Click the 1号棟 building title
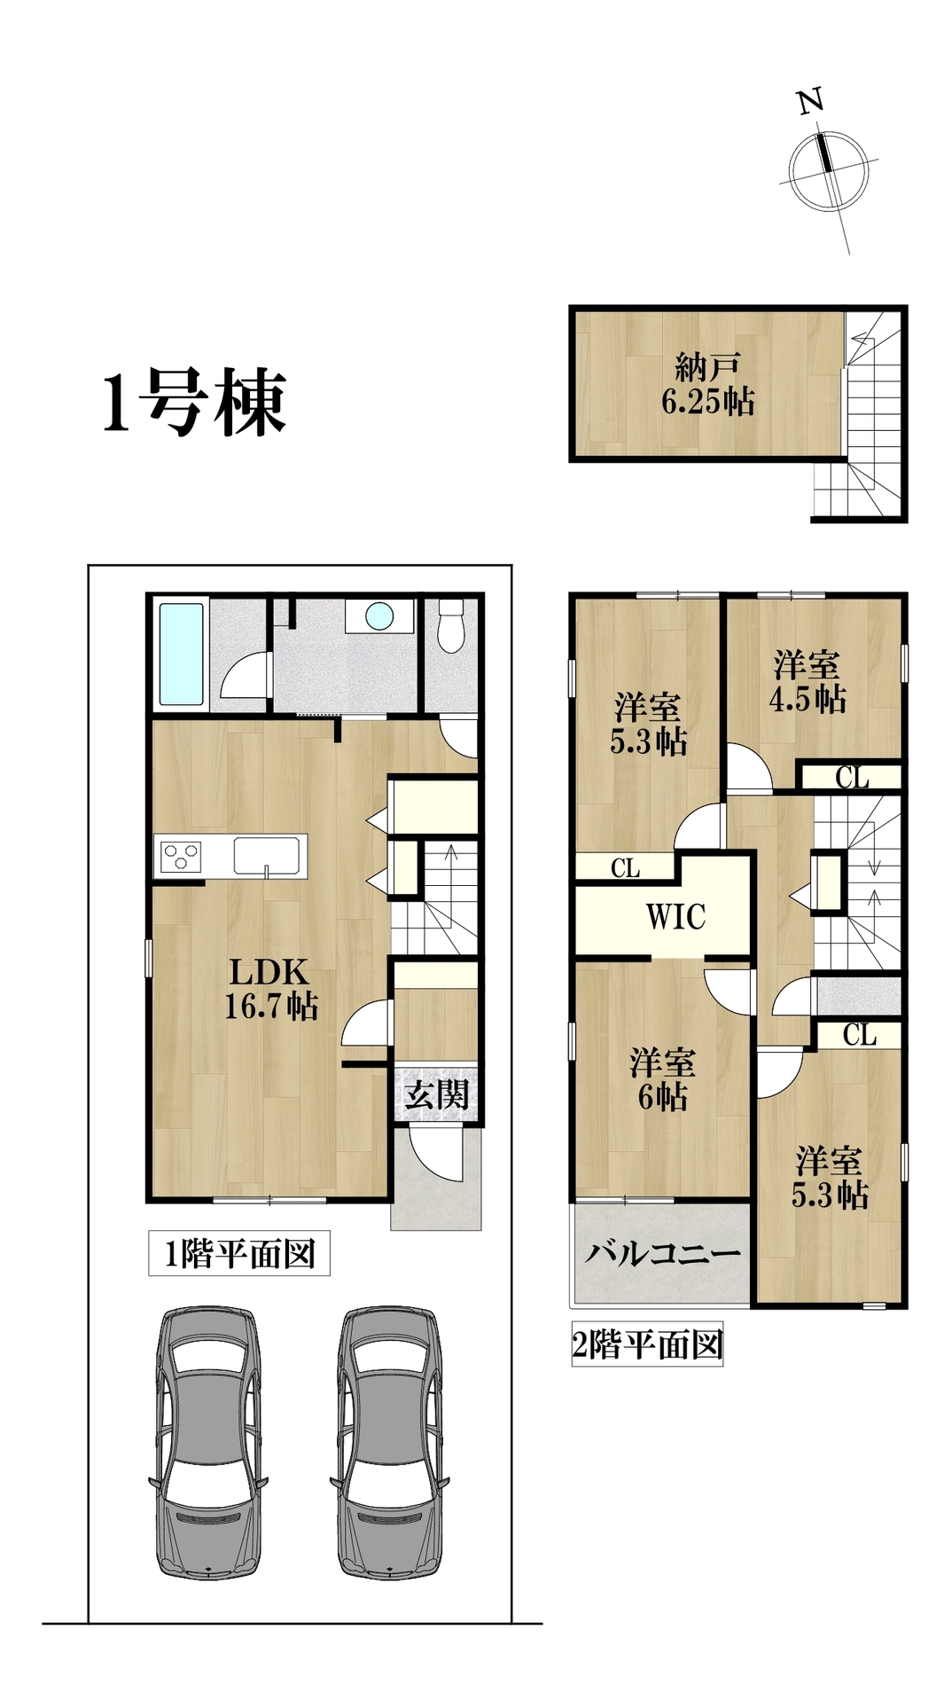coord(194,404)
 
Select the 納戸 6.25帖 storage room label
coord(708,385)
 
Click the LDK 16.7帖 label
coord(270,989)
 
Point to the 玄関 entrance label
coord(436,1095)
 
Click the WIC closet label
coord(675,917)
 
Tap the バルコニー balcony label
coord(662,1254)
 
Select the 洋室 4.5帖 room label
coord(807,682)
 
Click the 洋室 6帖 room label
coord(662,1079)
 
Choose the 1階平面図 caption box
coord(239,1254)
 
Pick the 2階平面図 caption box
coord(647,1344)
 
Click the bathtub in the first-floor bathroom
coord(181,655)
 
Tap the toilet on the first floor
coord(451,625)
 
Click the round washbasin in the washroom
coord(379,615)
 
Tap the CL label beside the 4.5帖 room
coord(852,778)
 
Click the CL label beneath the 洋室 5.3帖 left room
coord(625,868)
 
